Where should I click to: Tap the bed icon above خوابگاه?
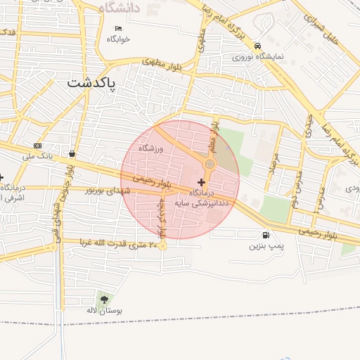pos(118,30)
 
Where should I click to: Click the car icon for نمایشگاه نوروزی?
pos(258,45)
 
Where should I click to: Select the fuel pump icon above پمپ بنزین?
pos(265,236)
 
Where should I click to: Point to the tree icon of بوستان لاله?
pos(104,300)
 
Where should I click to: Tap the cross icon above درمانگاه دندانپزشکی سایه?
pos(202,182)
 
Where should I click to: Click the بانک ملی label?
pos(38,155)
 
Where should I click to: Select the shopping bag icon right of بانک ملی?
pos(72,153)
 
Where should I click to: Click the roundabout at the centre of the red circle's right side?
pos(209,164)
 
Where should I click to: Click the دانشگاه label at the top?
pos(120,7)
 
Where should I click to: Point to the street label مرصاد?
pos(274,163)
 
